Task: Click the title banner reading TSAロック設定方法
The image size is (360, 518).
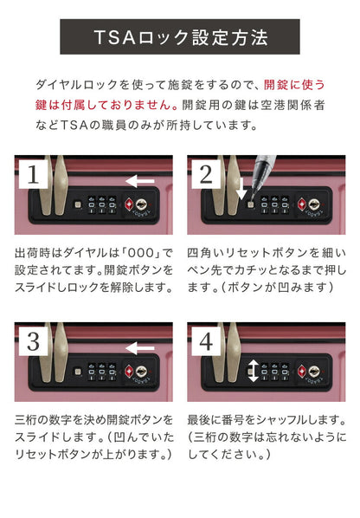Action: tap(180, 37)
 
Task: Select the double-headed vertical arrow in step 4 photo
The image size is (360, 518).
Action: tap(253, 372)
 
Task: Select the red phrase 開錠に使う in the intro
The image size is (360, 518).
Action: tap(293, 84)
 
